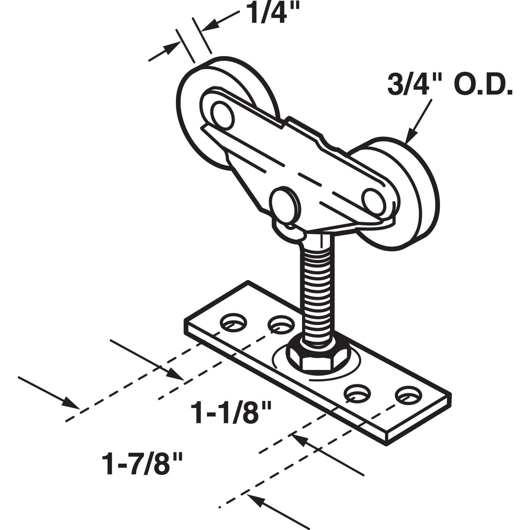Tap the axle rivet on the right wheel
pos(374,201)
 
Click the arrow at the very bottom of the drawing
pos(276,509)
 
